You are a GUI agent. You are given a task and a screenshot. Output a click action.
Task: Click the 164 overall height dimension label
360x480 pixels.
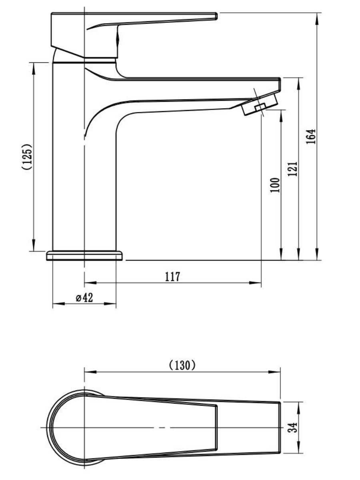[x=311, y=136]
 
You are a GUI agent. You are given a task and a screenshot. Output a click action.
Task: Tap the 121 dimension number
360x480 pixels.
[x=293, y=169]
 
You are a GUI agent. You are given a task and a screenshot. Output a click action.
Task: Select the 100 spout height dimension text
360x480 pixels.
[x=275, y=185]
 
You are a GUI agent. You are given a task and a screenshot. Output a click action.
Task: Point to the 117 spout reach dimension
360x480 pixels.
[x=173, y=277]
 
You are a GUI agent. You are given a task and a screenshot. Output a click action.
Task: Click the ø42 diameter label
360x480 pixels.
[x=84, y=298]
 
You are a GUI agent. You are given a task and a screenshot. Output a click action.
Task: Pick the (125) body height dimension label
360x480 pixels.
[x=27, y=156]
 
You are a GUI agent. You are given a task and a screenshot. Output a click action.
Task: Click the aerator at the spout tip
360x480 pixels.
[x=260, y=104]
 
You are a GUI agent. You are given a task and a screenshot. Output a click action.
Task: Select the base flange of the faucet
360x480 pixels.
[x=84, y=256]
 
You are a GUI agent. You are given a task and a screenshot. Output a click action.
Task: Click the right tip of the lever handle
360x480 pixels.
[x=217, y=16]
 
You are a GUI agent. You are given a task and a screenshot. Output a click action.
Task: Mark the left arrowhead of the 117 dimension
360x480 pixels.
[x=90, y=283]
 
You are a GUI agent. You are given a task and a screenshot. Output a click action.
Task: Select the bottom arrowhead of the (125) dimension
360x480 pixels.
[x=34, y=245]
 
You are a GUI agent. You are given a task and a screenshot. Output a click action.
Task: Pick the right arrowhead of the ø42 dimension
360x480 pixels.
[x=110, y=304]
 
